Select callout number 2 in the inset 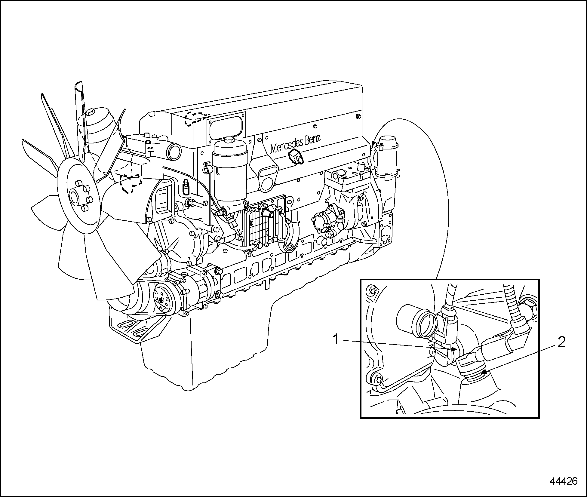(561, 342)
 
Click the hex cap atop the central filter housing (229, 140)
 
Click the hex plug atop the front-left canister (90, 113)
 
